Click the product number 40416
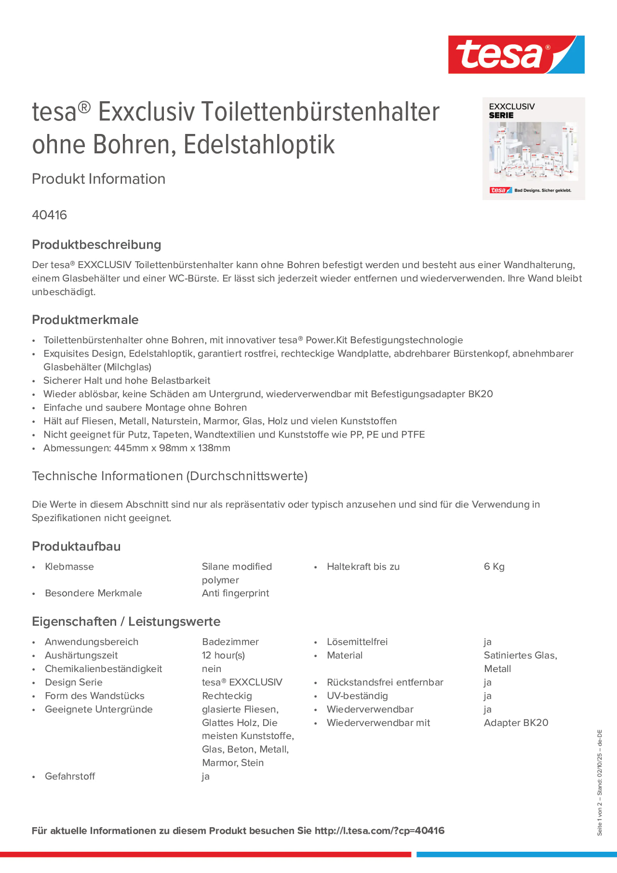pos(49,215)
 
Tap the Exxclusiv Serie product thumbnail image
pos(533,149)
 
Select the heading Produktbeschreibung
pos(96,244)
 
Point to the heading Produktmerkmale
pos(85,320)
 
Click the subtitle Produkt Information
pos(98,179)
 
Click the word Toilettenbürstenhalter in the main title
pos(320,112)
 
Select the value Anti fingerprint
pos(235,593)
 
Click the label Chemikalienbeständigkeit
pos(103,669)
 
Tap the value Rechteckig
pos(227,696)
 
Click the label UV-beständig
pos(357,696)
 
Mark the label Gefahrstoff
pos(70,777)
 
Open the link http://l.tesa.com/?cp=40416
pos(379,831)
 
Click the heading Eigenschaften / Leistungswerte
pos(126,621)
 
